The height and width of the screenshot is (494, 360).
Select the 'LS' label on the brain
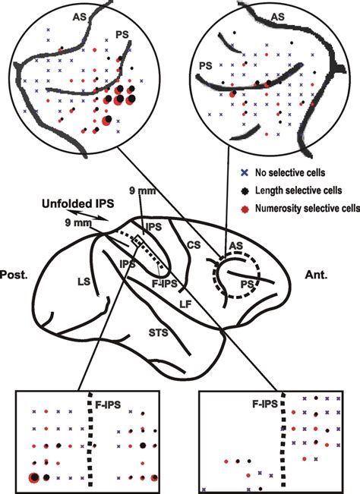tap(64, 282)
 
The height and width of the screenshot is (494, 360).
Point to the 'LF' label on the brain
tap(185, 304)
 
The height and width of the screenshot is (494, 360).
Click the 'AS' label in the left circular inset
tap(78, 14)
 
